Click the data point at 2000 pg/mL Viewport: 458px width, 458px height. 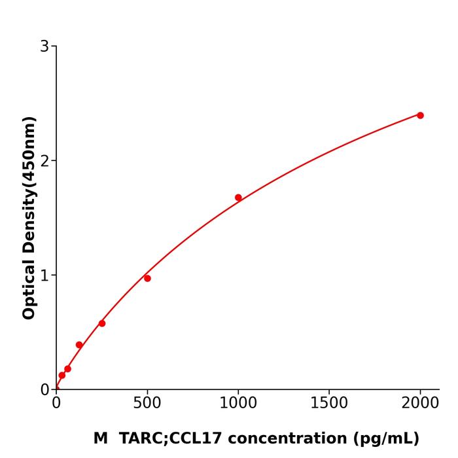click(x=420, y=115)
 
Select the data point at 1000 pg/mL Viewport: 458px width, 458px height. click(x=238, y=198)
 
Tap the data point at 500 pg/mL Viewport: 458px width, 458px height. click(x=147, y=278)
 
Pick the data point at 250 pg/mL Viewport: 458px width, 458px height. click(x=102, y=323)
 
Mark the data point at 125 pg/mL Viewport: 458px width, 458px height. click(x=79, y=345)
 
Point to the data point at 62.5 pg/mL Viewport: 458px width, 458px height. click(x=67, y=369)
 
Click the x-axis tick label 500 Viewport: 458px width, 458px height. click(x=147, y=404)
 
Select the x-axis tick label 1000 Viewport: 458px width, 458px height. click(x=238, y=404)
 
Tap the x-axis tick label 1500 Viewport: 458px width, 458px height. click(x=329, y=404)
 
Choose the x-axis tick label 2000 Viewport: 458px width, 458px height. click(x=420, y=404)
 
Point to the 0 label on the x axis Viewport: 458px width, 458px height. click(x=56, y=404)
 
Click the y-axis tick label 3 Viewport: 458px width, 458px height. click(x=44, y=46)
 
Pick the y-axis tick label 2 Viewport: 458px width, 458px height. click(x=44, y=161)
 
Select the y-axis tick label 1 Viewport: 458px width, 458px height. click(x=44, y=275)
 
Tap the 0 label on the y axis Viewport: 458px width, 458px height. click(x=44, y=390)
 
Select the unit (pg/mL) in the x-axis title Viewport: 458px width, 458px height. click(x=386, y=439)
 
